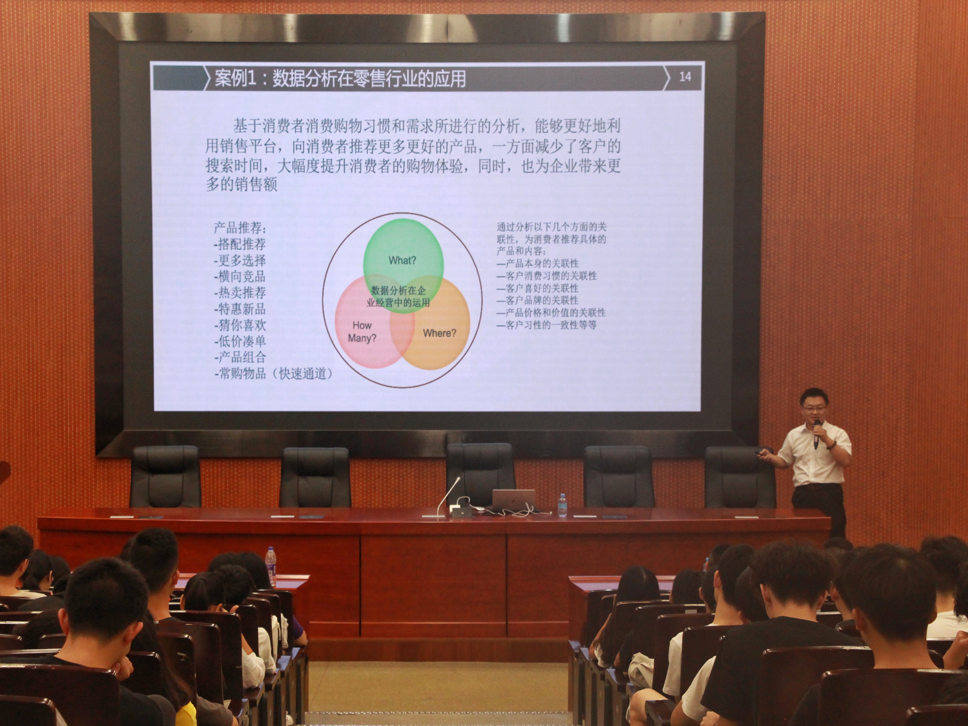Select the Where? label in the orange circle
pyautogui.click(x=439, y=333)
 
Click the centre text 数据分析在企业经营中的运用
pyautogui.click(x=398, y=296)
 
